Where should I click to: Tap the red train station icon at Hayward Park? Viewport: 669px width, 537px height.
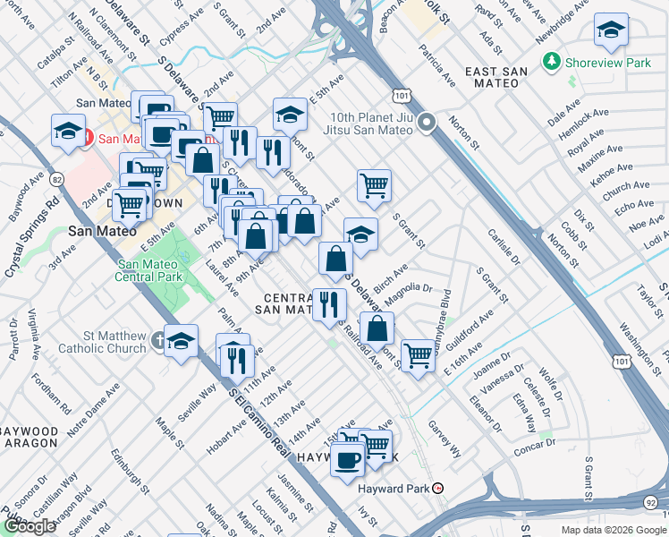coord(437,489)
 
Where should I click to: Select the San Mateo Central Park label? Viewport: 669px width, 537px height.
coord(151,270)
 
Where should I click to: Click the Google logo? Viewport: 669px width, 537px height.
coord(30,526)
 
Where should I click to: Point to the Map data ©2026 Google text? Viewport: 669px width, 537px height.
coord(613,530)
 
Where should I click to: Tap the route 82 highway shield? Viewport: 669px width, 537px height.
coord(58,180)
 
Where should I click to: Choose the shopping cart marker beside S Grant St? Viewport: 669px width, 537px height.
coord(374,185)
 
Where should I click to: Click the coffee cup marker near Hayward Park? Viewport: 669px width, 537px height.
coord(348,460)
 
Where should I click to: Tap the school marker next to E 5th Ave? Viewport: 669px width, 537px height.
coord(290,114)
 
